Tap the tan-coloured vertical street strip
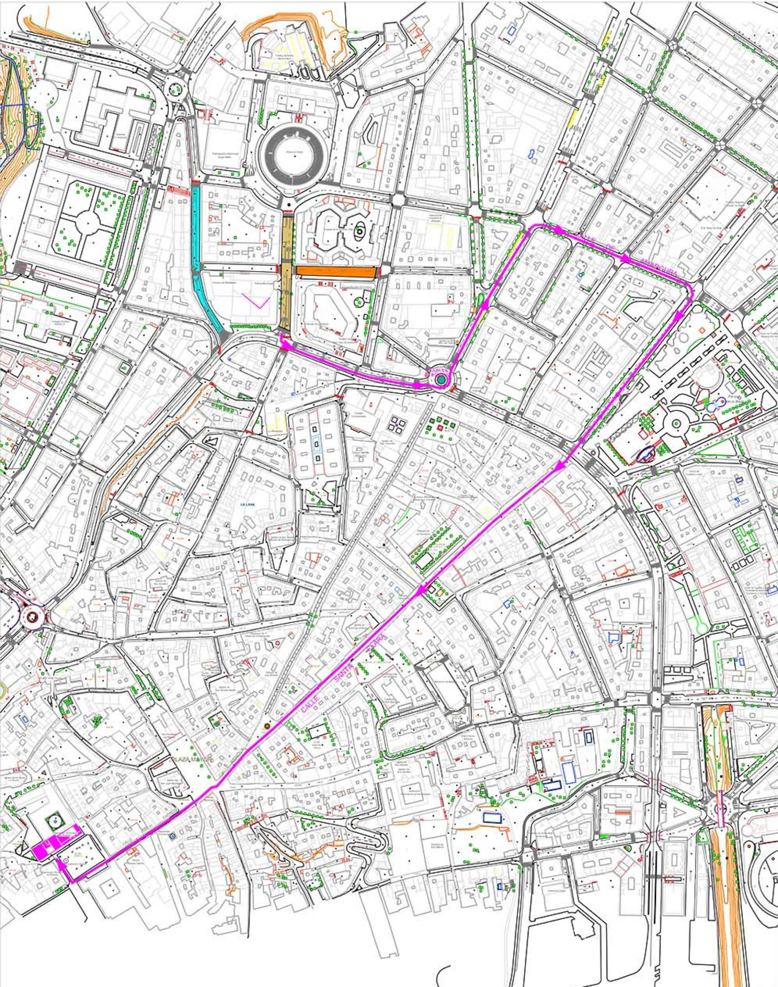286,274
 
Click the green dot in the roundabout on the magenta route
441,380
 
